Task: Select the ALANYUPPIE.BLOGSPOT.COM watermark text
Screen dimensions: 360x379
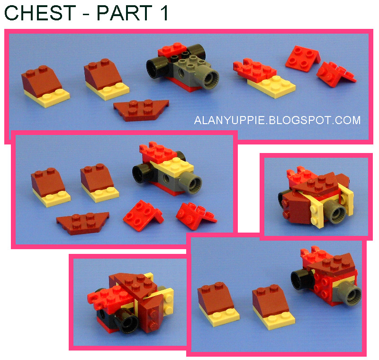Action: tap(277, 120)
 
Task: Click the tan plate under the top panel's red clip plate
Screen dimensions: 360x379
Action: tap(272, 86)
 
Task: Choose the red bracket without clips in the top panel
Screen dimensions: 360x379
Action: tap(302, 58)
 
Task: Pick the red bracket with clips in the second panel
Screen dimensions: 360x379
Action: tap(195, 214)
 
